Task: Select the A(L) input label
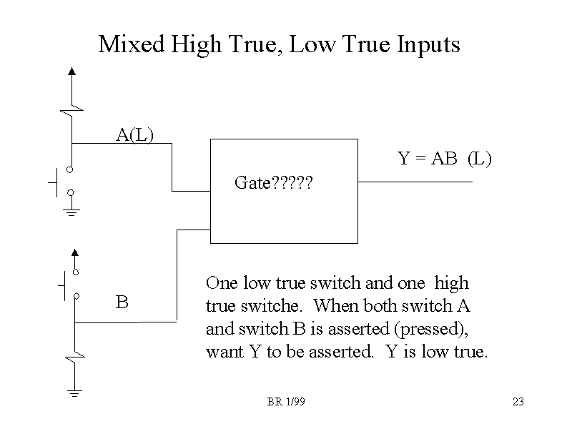(135, 134)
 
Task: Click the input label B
(122, 302)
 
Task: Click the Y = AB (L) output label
(444, 159)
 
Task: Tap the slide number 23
(518, 402)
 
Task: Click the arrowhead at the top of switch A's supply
(71, 71)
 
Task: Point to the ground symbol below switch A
(71, 211)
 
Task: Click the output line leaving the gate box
(415, 182)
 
